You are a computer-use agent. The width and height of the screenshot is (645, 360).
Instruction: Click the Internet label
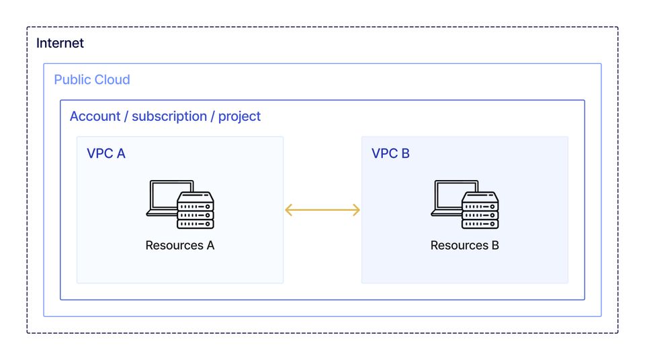click(x=60, y=44)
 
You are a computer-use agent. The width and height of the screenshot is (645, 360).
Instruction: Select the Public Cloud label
click(x=92, y=80)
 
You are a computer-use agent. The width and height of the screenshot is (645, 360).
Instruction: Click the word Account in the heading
click(x=95, y=116)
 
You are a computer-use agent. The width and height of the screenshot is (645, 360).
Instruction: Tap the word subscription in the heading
click(x=169, y=116)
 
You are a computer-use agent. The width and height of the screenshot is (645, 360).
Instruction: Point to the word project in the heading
click(x=239, y=116)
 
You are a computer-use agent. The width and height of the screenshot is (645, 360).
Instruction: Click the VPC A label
click(x=106, y=153)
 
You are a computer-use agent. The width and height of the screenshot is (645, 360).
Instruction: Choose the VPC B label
click(x=390, y=153)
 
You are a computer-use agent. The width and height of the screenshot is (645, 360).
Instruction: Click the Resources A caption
click(x=179, y=245)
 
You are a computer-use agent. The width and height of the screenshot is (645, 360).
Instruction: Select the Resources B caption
click(x=464, y=245)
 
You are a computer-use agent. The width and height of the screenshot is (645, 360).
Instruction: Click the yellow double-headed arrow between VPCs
click(x=322, y=210)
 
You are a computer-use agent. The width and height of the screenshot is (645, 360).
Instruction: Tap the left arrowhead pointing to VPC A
click(x=289, y=210)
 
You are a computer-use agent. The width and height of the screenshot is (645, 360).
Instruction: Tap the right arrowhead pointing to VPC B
click(x=356, y=210)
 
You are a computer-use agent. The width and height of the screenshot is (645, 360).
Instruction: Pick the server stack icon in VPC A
click(x=196, y=210)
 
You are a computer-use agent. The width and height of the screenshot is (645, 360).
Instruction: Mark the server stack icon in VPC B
click(x=480, y=210)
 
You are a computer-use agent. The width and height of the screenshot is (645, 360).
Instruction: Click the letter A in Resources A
click(x=210, y=245)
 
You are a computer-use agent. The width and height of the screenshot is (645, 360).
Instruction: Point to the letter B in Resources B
click(x=494, y=245)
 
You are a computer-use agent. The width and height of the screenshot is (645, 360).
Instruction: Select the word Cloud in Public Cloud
click(x=112, y=80)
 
